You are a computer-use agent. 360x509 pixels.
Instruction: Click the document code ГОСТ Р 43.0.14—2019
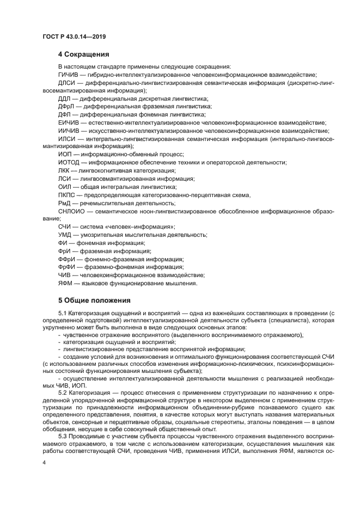74,37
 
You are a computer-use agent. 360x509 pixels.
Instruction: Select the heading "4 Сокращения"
84,54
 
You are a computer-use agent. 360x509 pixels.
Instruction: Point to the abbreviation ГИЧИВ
68,75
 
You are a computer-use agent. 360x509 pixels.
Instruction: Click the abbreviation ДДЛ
64,99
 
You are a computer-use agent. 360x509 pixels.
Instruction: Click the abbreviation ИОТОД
69,163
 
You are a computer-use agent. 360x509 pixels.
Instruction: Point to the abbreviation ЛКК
64,171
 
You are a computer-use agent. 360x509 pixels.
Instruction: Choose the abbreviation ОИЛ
64,187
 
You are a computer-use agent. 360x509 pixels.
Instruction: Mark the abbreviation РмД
65,203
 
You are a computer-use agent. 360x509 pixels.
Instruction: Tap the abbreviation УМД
65,235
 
